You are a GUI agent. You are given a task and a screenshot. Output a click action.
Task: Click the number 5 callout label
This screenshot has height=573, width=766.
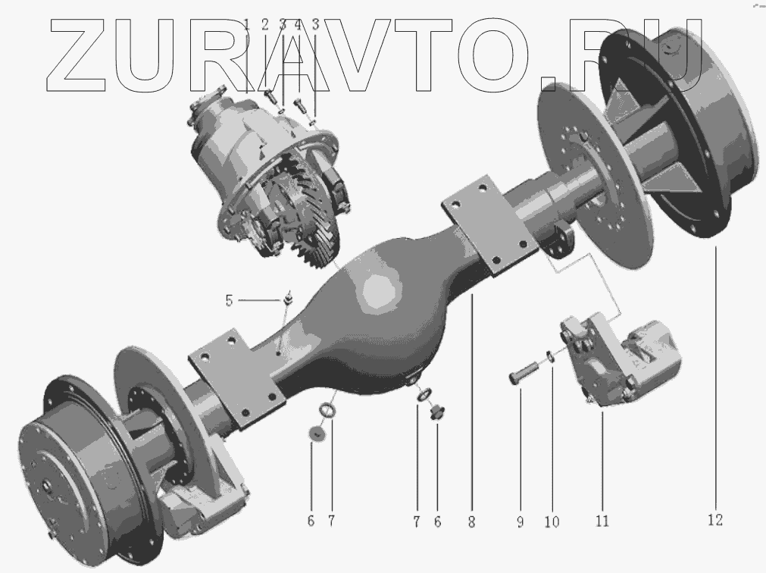click(229, 300)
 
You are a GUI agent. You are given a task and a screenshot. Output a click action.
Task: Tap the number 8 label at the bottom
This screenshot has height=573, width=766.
click(471, 521)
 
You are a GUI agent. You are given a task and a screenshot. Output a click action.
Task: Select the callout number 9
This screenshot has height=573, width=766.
click(521, 521)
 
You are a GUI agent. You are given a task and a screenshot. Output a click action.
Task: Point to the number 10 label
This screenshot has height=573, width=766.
click(552, 521)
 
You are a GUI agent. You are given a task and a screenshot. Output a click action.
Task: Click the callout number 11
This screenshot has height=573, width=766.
click(602, 521)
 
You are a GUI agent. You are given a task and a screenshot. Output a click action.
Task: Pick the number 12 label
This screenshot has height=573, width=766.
click(715, 520)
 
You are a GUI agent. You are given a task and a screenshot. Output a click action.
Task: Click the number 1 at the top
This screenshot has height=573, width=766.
click(247, 24)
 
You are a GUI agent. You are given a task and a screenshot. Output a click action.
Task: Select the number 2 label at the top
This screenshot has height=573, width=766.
click(264, 24)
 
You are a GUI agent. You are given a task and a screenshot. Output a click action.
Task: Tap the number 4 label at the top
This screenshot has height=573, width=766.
click(298, 24)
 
